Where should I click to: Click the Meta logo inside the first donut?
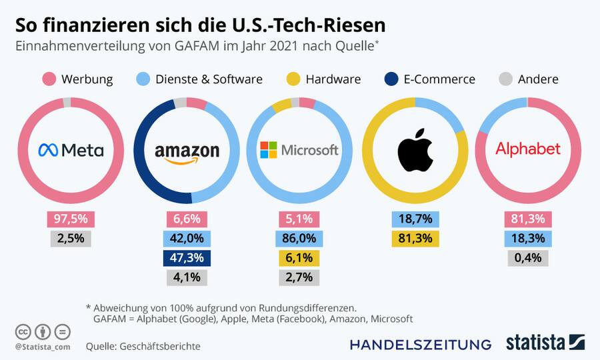[x=71, y=150]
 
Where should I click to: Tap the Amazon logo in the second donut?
[x=187, y=152]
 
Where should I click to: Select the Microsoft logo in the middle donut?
[x=299, y=150]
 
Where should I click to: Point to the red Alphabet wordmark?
[x=528, y=149]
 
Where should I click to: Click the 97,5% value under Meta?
[x=71, y=219]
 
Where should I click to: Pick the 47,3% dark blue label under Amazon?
[x=187, y=258]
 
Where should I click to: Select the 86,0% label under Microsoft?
[x=299, y=239]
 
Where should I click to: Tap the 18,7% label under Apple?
[x=415, y=219]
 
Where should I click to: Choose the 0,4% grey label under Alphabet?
[x=528, y=258]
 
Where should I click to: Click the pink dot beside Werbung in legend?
[x=48, y=79]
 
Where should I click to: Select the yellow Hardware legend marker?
[x=293, y=79]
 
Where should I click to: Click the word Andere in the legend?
[x=537, y=79]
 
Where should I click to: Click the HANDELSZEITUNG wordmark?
[x=420, y=345]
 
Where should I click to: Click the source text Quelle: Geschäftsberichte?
[x=143, y=346]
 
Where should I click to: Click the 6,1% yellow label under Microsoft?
[x=299, y=258]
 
